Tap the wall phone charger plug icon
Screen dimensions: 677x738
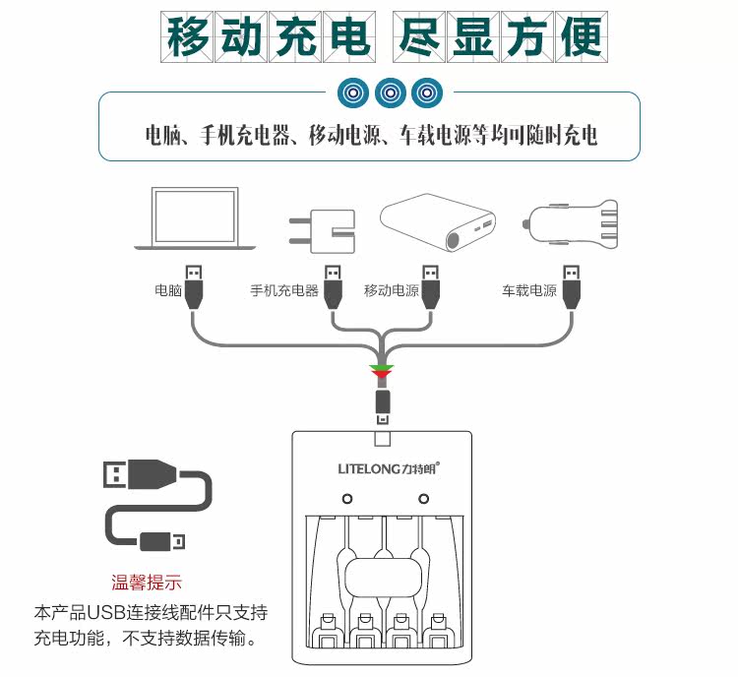(320, 228)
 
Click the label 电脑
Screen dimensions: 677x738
(168, 291)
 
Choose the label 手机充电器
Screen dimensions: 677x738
(284, 291)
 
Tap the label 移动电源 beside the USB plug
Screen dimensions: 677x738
(391, 291)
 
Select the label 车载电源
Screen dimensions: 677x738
(529, 291)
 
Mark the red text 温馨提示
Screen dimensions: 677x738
(147, 583)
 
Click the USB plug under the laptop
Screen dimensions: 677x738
(195, 286)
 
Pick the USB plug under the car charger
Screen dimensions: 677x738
(570, 286)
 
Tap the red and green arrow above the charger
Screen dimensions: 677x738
(381, 372)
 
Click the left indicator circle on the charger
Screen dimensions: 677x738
(346, 500)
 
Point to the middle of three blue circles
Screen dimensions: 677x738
(391, 92)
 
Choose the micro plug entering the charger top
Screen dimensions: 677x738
(383, 404)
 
